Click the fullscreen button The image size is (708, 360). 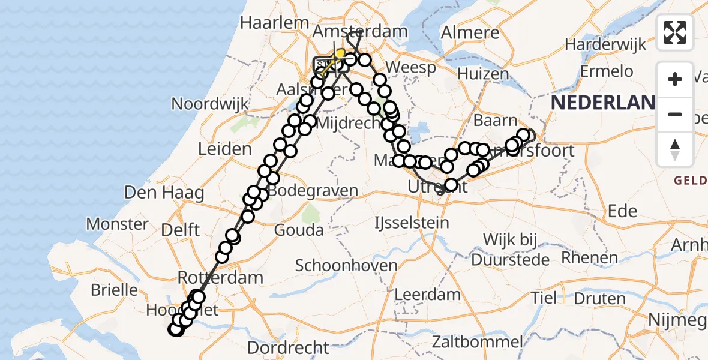[675, 32]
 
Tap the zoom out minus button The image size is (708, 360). [675, 114]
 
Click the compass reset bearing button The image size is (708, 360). [675, 149]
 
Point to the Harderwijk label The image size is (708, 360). [605, 44]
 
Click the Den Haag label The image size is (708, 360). [155, 193]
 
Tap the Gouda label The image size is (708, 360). [299, 230]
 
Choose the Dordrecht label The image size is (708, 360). [288, 347]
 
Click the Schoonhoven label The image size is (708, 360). [346, 265]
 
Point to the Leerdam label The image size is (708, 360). [427, 295]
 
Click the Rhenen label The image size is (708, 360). [590, 258]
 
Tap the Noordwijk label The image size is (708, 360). [209, 103]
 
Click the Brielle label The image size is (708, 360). [114, 290]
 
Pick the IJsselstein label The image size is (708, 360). [411, 223]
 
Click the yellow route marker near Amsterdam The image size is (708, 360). [340, 54]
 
